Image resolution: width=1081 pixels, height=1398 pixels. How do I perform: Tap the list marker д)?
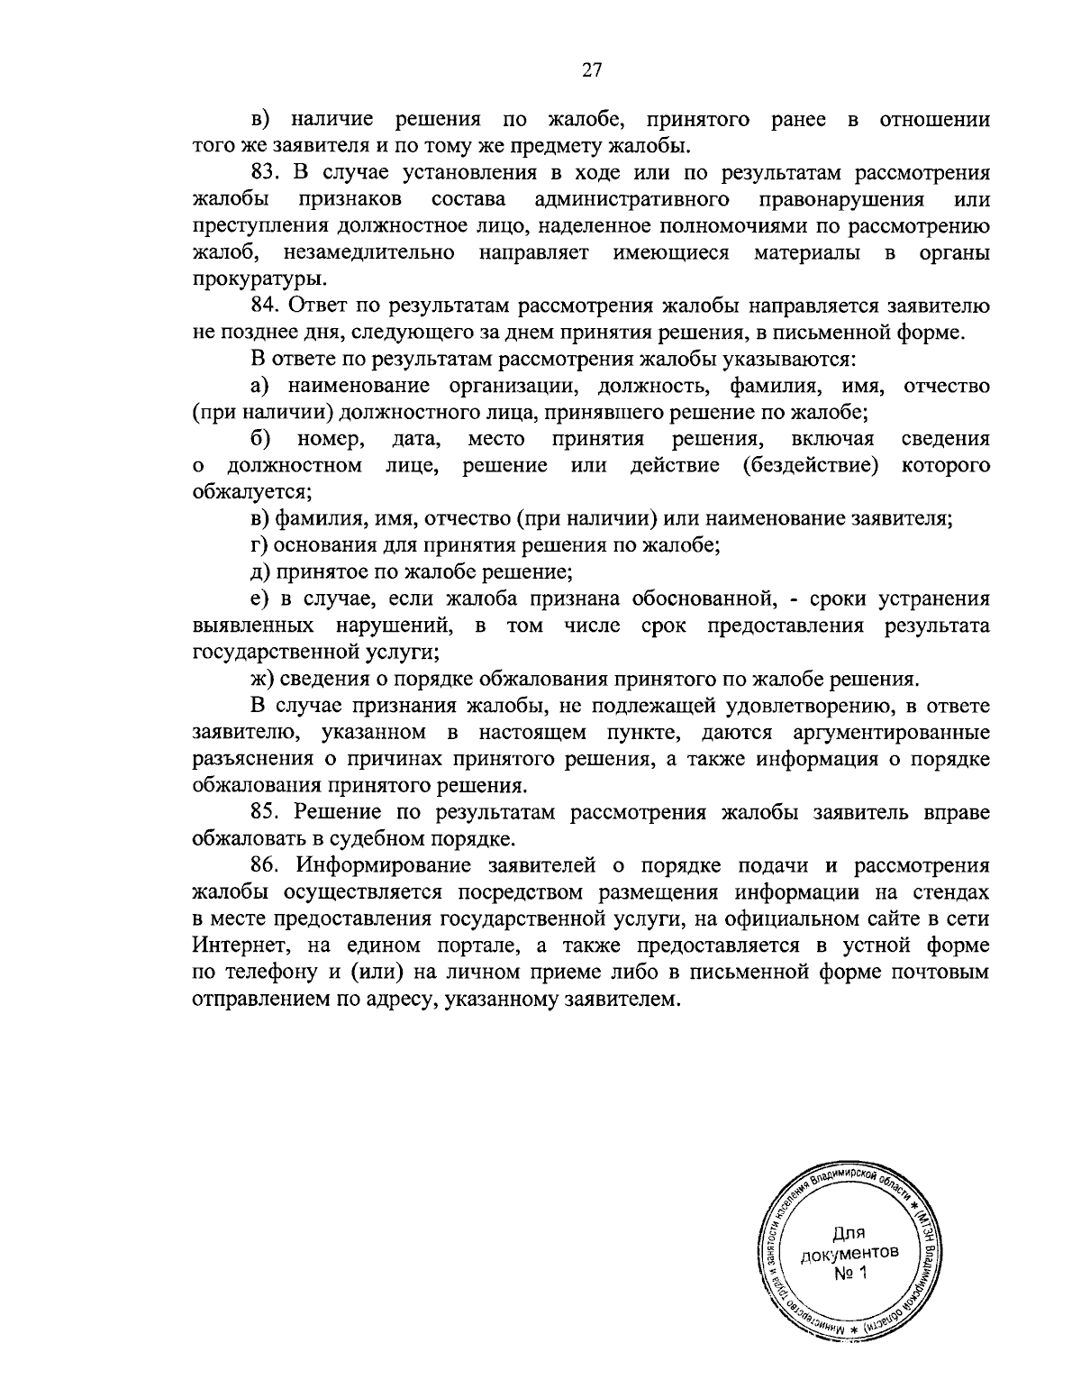261,571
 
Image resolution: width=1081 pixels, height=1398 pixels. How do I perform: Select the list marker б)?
262,439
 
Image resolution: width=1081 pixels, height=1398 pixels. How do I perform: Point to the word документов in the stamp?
849,1254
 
